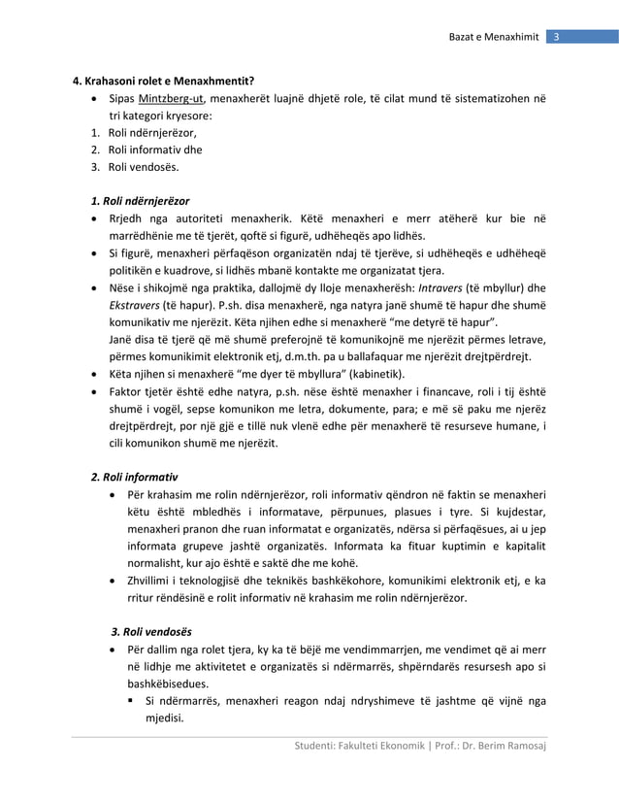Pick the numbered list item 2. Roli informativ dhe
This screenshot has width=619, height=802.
pos(147,150)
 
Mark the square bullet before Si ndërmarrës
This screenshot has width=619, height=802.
pos(128,701)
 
